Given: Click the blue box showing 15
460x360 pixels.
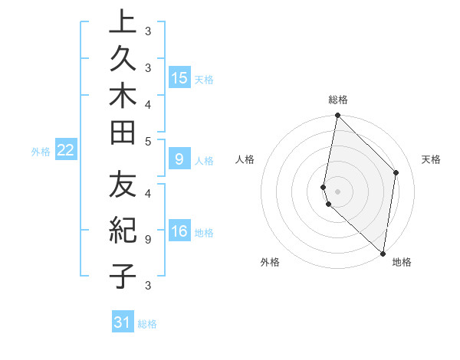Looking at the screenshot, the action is pyautogui.click(x=179, y=77).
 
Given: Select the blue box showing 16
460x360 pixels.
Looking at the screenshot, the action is pyautogui.click(x=179, y=232).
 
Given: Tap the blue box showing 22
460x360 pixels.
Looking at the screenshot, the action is pyautogui.click(x=65, y=150).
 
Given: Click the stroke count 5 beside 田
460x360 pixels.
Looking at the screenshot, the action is pyautogui.click(x=148, y=140).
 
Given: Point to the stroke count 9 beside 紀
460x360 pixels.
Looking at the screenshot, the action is pyautogui.click(x=148, y=239).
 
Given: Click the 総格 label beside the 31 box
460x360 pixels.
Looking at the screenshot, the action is pyautogui.click(x=147, y=324).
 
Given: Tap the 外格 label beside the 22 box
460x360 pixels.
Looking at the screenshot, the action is pyautogui.click(x=41, y=152).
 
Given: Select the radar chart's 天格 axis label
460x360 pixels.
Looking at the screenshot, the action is pyautogui.click(x=431, y=159).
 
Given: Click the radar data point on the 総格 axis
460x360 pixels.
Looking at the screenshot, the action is pyautogui.click(x=337, y=116).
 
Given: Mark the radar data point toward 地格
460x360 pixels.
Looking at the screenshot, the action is pyautogui.click(x=383, y=253).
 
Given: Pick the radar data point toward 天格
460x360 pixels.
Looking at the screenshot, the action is pyautogui.click(x=396, y=172).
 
